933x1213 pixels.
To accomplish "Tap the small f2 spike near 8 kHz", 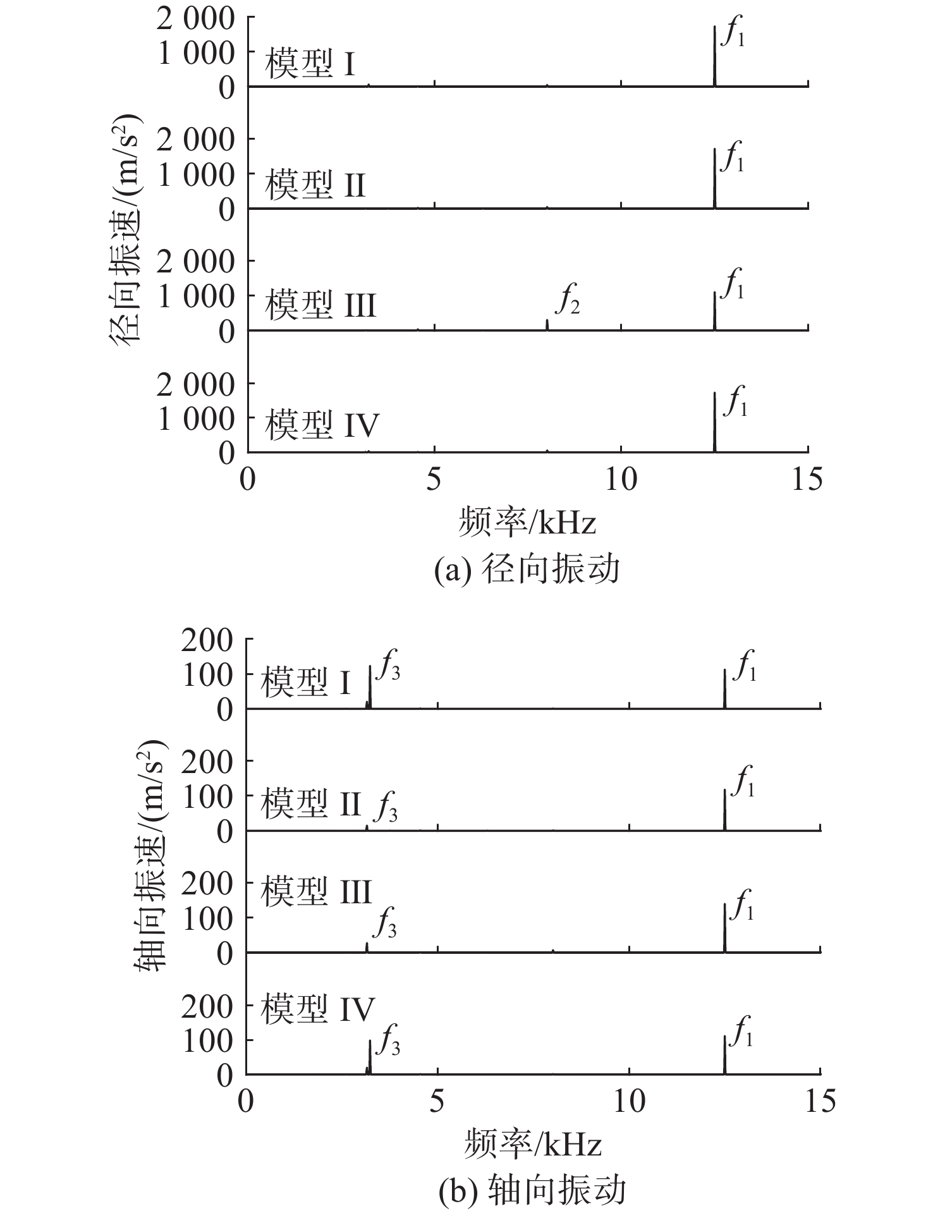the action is pos(547,324).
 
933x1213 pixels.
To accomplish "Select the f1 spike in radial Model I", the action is pos(714,56).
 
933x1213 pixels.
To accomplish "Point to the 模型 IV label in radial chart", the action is pos(322,424).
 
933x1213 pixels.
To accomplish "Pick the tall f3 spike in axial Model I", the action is pos(370,686).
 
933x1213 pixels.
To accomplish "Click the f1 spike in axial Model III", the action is pos(724,927).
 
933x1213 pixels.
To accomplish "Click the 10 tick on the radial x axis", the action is pos(621,480).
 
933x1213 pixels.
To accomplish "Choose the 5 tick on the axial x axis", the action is pos(437,1102).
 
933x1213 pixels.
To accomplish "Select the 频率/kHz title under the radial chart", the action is pos(527,522).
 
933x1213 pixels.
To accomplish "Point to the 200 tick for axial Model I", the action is pos(207,641).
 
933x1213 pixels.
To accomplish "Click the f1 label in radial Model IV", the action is pos(735,401).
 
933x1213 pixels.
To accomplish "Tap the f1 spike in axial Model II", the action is pos(724,810).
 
